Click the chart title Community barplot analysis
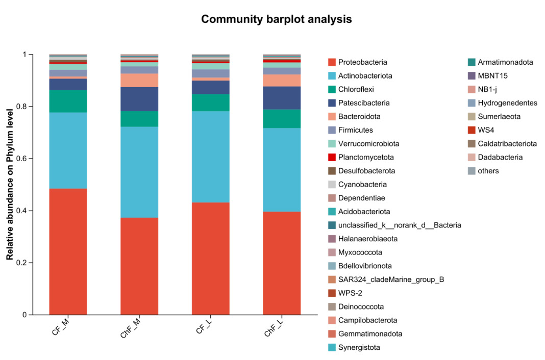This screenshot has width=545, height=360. [x=276, y=19]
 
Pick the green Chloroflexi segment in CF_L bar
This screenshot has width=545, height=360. [x=210, y=102]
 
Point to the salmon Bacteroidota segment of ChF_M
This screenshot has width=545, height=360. [x=139, y=80]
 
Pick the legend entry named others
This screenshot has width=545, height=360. [x=488, y=171]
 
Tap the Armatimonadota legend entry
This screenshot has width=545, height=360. [x=505, y=62]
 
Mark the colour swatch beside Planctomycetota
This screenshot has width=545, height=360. [x=332, y=157]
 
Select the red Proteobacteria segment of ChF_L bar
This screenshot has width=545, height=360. [x=282, y=263]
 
